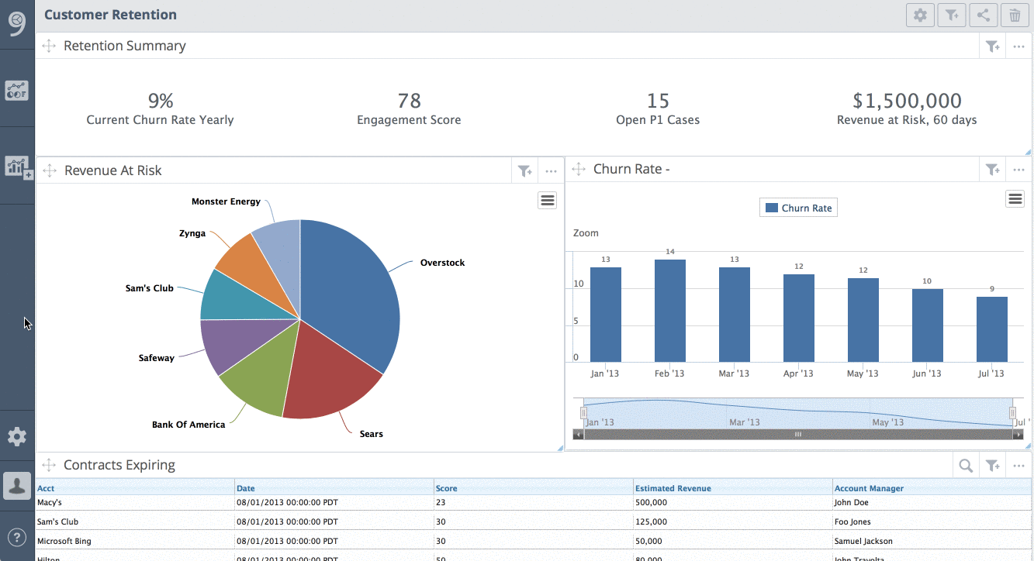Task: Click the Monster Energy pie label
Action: pos(226,201)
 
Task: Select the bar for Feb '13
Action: pos(669,310)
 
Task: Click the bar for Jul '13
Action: pos(991,329)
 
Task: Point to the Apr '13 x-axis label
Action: pos(798,373)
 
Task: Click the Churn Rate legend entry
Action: pos(798,208)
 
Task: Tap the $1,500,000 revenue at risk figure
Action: pos(907,101)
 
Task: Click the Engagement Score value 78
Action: pos(409,101)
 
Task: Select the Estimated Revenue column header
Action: pos(673,488)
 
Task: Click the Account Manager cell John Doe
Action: pos(851,502)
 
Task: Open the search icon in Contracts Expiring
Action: pos(966,466)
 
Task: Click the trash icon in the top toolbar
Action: pos(1015,15)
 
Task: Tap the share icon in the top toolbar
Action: pos(983,15)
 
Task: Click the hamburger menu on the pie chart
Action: pos(548,201)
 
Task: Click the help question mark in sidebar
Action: pos(17,536)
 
